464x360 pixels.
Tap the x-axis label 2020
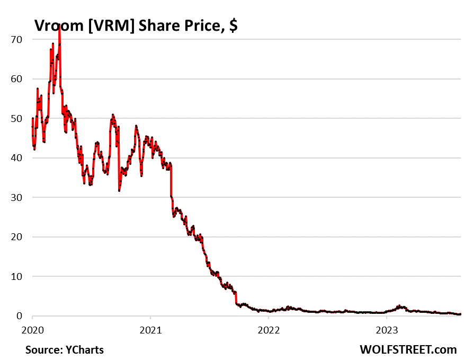32,329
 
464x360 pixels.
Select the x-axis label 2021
150,329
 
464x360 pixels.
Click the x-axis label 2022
269,329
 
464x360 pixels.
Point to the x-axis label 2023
387,329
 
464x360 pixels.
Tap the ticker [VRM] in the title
108,26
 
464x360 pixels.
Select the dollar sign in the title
233,26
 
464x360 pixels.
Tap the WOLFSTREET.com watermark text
408,349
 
